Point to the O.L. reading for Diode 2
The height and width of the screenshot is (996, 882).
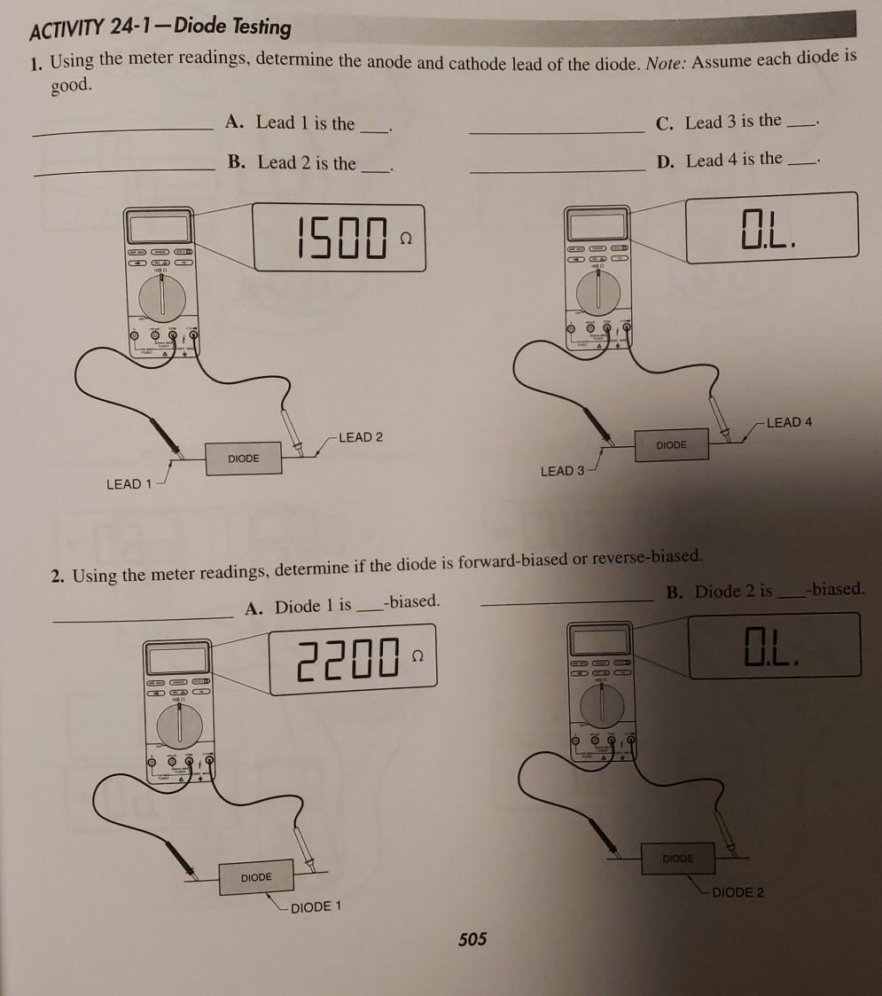(x=773, y=647)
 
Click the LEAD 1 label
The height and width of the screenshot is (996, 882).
(x=129, y=484)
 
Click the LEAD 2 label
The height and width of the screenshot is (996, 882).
(x=361, y=437)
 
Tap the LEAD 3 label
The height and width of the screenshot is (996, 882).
(x=562, y=471)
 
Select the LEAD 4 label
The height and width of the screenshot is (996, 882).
(x=789, y=422)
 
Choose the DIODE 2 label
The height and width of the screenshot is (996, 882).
(x=737, y=892)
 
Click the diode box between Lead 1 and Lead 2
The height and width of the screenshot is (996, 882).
(x=244, y=459)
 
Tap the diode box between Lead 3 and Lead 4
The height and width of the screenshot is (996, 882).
(x=671, y=444)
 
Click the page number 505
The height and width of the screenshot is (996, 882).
(x=472, y=939)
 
